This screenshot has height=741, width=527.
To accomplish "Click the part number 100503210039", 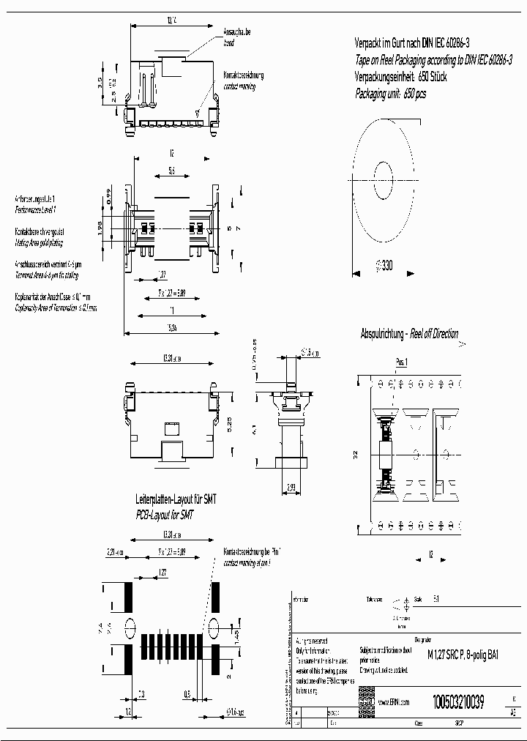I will (458, 700).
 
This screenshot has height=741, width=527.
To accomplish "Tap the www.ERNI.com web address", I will (394, 701).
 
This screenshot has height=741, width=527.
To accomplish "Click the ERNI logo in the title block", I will (366, 701).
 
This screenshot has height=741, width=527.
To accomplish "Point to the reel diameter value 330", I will (384, 267).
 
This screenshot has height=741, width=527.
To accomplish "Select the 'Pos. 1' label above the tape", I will (401, 362).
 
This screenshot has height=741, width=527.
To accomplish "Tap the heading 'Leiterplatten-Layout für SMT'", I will (176, 499).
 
